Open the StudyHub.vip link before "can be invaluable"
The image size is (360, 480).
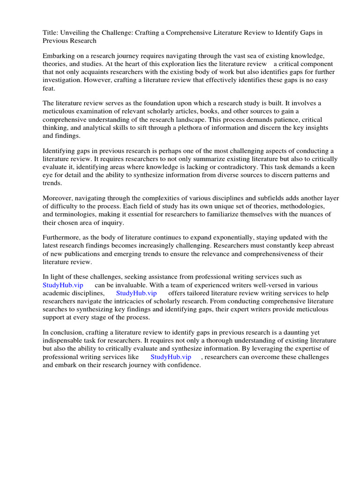coord(63,285)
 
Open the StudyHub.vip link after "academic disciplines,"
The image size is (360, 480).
coord(136,293)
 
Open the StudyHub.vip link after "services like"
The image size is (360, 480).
coord(171,357)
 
